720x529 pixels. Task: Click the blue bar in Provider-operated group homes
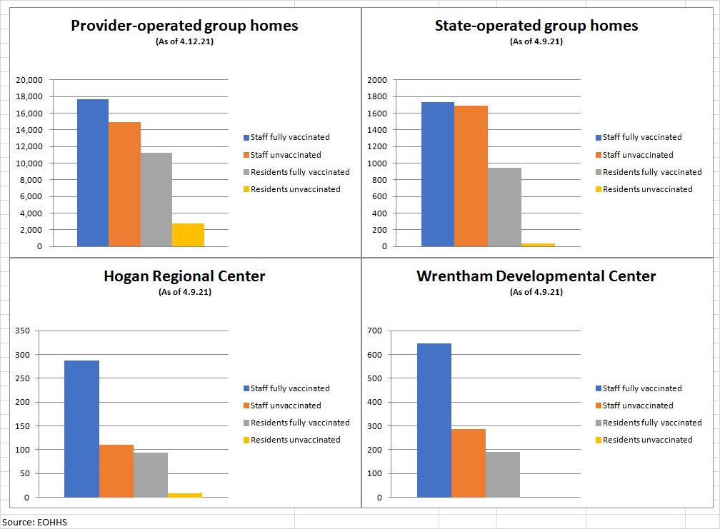tap(93, 173)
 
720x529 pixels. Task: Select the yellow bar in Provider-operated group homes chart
tap(188, 235)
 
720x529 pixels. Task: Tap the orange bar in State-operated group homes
tap(471, 176)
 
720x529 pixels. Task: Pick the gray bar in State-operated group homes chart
tap(504, 207)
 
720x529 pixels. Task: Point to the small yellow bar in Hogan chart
tap(185, 495)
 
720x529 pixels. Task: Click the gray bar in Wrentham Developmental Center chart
tap(503, 474)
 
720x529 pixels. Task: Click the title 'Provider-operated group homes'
tap(184, 26)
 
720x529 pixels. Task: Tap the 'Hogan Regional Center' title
tap(184, 276)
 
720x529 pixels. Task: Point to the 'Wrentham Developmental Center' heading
tap(536, 276)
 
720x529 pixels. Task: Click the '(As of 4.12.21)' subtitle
tap(184, 41)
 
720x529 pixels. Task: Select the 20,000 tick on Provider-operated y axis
tap(29, 80)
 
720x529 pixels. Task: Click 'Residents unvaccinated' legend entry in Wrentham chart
tap(647, 440)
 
